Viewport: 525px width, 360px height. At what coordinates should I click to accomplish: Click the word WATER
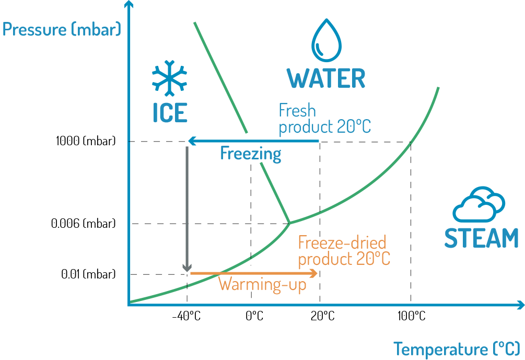(x=326, y=78)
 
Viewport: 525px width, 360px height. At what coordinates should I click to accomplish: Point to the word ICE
(x=170, y=113)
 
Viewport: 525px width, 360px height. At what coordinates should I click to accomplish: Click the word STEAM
(x=481, y=238)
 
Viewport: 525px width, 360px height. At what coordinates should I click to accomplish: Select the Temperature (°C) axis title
(x=456, y=349)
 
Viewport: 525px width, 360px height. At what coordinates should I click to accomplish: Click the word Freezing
(x=251, y=154)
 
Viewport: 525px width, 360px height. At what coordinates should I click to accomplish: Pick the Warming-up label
(x=262, y=285)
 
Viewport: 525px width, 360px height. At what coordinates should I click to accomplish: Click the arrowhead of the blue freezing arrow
(x=191, y=141)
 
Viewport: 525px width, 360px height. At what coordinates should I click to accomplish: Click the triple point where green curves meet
(x=289, y=223)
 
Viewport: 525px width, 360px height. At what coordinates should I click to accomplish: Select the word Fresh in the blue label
(x=297, y=111)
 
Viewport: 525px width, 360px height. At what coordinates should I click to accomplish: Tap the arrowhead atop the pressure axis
(x=127, y=5)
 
